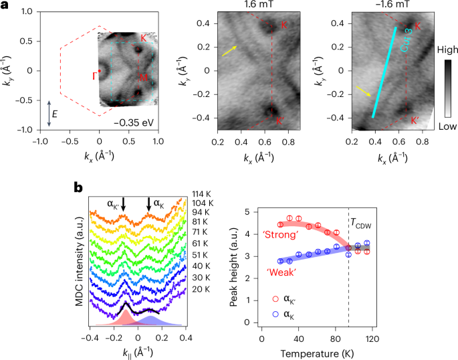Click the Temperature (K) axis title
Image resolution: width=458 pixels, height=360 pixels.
pos(318,349)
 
